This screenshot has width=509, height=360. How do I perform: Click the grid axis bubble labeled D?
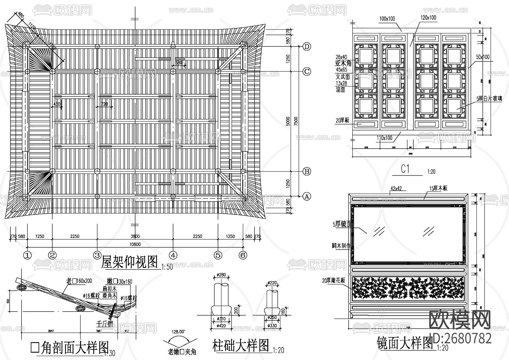[x=307, y=46]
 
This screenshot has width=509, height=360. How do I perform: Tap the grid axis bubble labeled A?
[x=307, y=196]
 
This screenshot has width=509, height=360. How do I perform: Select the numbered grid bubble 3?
[x=97, y=255]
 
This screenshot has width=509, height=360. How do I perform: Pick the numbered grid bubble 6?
[x=243, y=255]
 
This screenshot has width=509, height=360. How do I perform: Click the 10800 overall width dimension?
[x=135, y=244]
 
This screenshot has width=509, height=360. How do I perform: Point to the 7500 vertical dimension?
[x=296, y=121]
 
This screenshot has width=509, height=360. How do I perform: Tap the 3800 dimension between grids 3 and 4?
[x=135, y=236]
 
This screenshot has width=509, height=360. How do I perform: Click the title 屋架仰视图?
[x=129, y=262]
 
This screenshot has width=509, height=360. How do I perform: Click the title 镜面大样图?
[x=405, y=343]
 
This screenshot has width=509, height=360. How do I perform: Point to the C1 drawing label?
[x=405, y=169]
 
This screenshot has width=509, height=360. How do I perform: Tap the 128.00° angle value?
[x=178, y=331]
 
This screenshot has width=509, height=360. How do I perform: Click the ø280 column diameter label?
[x=222, y=275]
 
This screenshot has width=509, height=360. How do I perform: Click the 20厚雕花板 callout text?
[x=334, y=280]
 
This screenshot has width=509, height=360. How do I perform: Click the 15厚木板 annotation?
[x=438, y=188]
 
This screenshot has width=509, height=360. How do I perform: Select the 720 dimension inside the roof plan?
[x=104, y=104]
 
